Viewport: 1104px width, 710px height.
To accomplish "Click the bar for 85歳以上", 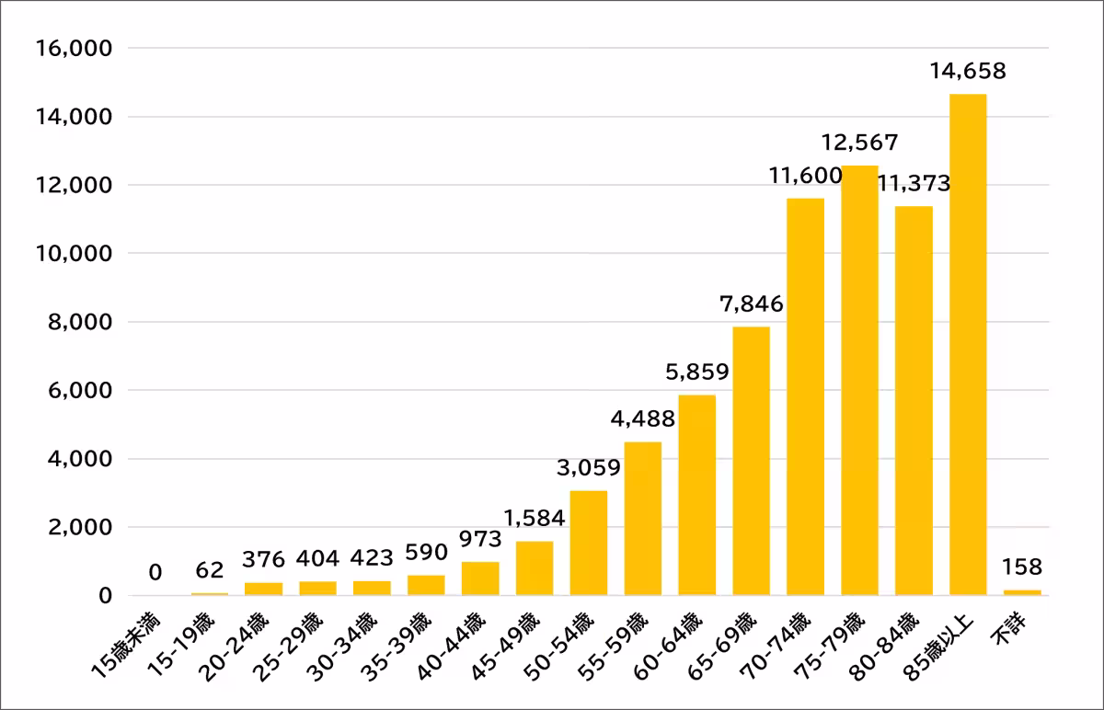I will (x=968, y=345).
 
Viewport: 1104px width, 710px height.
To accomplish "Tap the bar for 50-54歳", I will (x=588, y=544).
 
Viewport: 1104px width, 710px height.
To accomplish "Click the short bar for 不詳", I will (x=1022, y=592).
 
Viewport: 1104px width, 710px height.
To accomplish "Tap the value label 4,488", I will (x=643, y=419).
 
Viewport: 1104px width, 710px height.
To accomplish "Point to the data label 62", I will (x=210, y=570).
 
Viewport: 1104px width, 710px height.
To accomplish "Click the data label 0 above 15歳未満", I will (x=155, y=573).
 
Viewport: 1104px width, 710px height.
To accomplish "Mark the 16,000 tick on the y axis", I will (x=73, y=48).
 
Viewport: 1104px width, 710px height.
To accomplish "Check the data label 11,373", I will (x=914, y=184).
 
